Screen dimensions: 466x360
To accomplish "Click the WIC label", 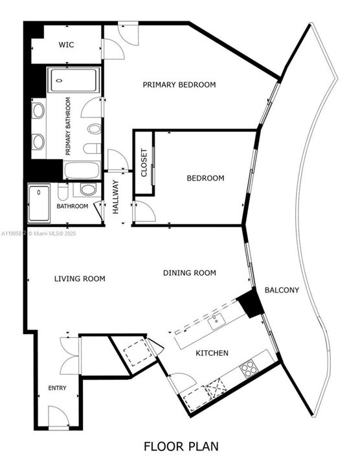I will coord(66,45).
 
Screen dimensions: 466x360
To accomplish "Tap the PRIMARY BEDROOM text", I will coord(179,85).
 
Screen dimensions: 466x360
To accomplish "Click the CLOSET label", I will coord(144,164).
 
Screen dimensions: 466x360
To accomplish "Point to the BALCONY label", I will coord(282,290).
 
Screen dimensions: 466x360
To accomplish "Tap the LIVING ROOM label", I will coord(80,279).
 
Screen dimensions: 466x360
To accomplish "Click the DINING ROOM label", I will coord(189,273).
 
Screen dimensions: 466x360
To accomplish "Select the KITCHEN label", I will coord(212,353).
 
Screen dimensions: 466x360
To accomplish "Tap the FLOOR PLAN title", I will coord(180,446).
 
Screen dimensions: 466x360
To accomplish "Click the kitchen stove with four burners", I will coord(249,370).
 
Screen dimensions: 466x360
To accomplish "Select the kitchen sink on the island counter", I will coord(217,319).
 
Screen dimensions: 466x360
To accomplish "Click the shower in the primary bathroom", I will coord(74,81).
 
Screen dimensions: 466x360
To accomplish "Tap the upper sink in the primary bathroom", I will coord(38,111).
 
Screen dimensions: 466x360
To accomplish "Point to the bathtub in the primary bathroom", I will coord(82,171).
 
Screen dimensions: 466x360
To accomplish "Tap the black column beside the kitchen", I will coord(249,304).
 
